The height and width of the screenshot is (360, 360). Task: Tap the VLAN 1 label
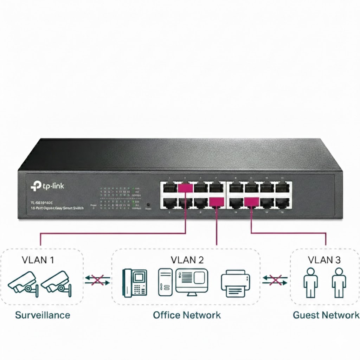(x=38, y=260)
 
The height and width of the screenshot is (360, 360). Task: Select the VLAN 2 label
(x=187, y=260)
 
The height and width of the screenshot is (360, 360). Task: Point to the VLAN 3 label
(x=324, y=260)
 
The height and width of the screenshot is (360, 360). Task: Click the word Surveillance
(x=43, y=315)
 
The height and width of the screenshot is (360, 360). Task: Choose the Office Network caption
(x=187, y=315)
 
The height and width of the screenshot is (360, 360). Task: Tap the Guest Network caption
(x=326, y=315)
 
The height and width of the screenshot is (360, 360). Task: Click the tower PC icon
(x=165, y=282)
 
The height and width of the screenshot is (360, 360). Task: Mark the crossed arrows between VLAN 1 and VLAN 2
(x=97, y=280)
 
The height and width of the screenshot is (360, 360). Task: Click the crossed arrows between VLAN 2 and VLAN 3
(x=275, y=280)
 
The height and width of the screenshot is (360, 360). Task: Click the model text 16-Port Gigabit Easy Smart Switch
(x=57, y=208)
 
